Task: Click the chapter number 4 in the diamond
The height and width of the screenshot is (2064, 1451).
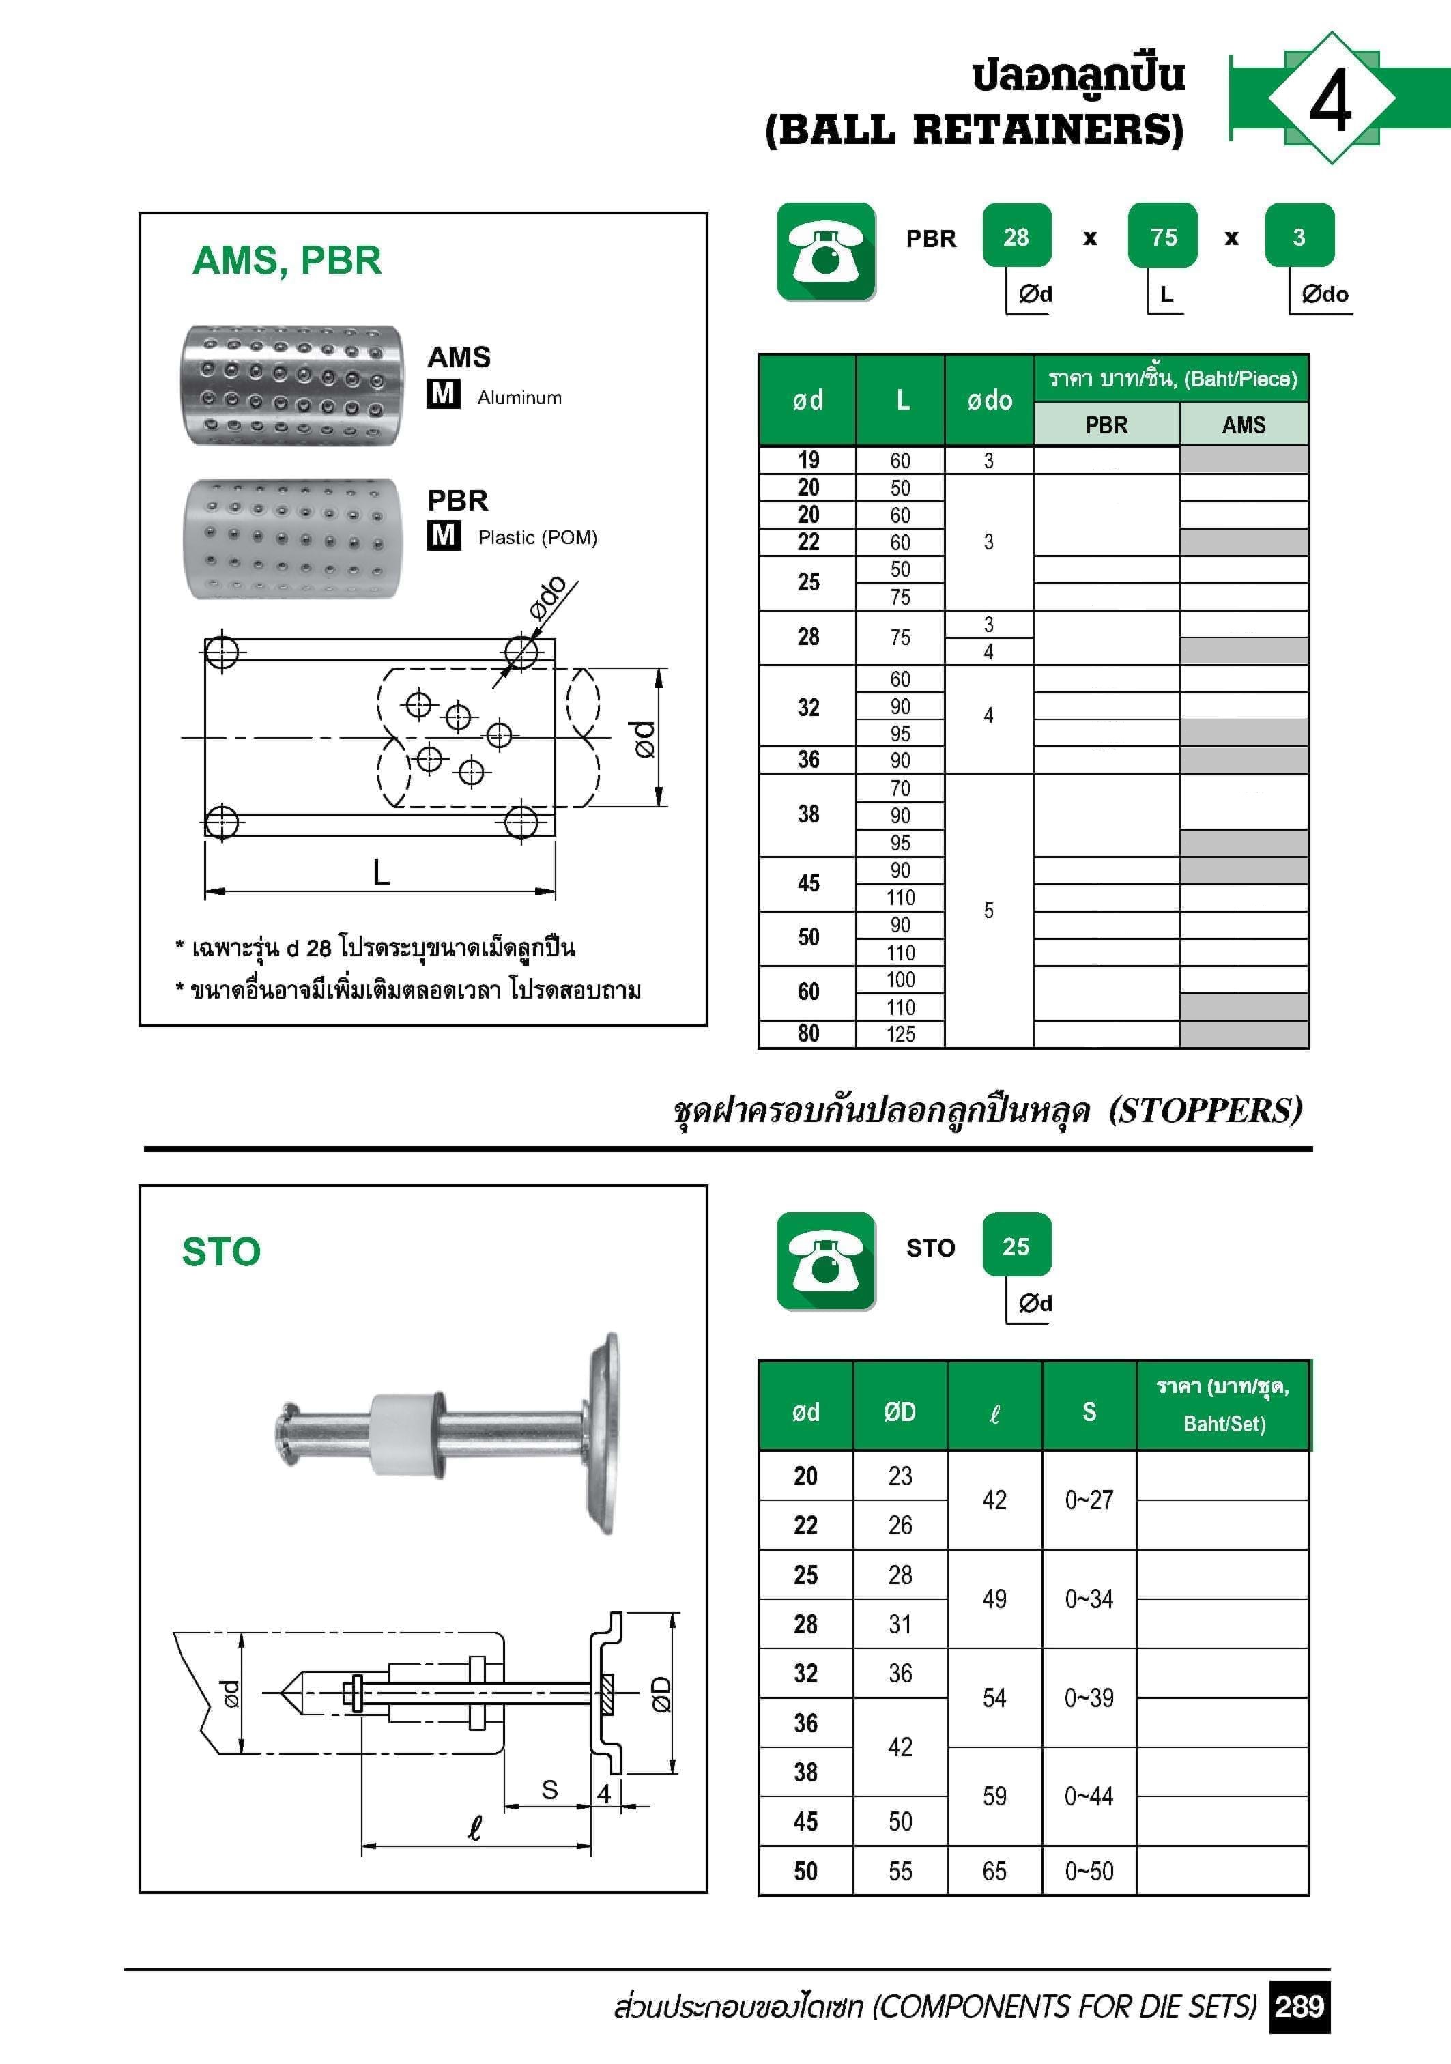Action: click(x=1330, y=99)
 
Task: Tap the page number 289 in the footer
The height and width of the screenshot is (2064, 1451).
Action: click(x=1299, y=2005)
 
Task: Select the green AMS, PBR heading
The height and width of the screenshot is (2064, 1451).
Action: click(x=287, y=261)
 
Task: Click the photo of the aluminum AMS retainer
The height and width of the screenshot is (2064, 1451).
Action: click(x=292, y=385)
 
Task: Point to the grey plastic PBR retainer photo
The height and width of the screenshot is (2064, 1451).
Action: click(x=292, y=538)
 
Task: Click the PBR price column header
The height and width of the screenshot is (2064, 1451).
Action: click(x=1106, y=425)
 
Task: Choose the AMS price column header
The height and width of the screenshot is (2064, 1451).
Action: click(x=1244, y=425)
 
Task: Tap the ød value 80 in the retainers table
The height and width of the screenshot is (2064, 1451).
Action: click(x=808, y=1034)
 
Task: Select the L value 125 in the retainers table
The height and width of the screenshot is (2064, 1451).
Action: click(x=900, y=1034)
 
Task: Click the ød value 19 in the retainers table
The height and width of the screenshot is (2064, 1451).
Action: click(x=808, y=460)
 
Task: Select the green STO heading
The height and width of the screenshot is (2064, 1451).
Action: click(x=221, y=1251)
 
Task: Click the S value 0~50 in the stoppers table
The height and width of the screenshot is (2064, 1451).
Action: click(x=1089, y=1871)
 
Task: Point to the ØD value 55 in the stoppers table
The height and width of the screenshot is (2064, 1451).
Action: click(x=900, y=1871)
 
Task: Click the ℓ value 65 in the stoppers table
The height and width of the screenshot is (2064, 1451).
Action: click(x=994, y=1871)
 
